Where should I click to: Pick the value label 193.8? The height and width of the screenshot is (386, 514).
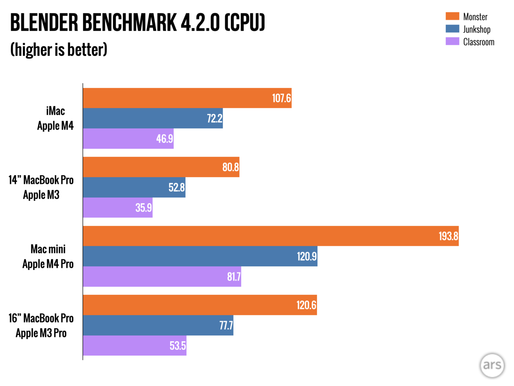[x=448, y=236]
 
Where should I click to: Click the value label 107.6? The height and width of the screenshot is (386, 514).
[x=281, y=98]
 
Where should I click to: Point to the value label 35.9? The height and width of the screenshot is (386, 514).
[x=143, y=208]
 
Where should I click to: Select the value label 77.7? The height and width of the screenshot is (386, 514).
[x=226, y=326]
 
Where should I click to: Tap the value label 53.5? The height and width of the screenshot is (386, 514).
[x=177, y=346]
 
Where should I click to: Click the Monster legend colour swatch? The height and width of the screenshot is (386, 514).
[x=452, y=16]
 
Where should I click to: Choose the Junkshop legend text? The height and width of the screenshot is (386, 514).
[x=477, y=29]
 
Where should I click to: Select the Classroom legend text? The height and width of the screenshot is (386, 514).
[x=478, y=42]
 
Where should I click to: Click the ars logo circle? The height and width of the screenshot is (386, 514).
[x=492, y=365]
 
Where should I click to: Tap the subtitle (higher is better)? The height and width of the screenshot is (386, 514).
[x=59, y=50]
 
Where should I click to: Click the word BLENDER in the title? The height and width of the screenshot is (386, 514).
[x=44, y=23]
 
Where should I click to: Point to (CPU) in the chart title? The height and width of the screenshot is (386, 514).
[x=245, y=23]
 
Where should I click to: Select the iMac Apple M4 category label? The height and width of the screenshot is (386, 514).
[x=55, y=118]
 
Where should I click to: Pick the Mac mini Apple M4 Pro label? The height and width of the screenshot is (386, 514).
[x=48, y=257]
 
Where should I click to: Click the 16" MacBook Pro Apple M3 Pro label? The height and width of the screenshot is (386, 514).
[x=41, y=326]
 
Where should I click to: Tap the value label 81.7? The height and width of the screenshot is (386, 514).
[x=234, y=277]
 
